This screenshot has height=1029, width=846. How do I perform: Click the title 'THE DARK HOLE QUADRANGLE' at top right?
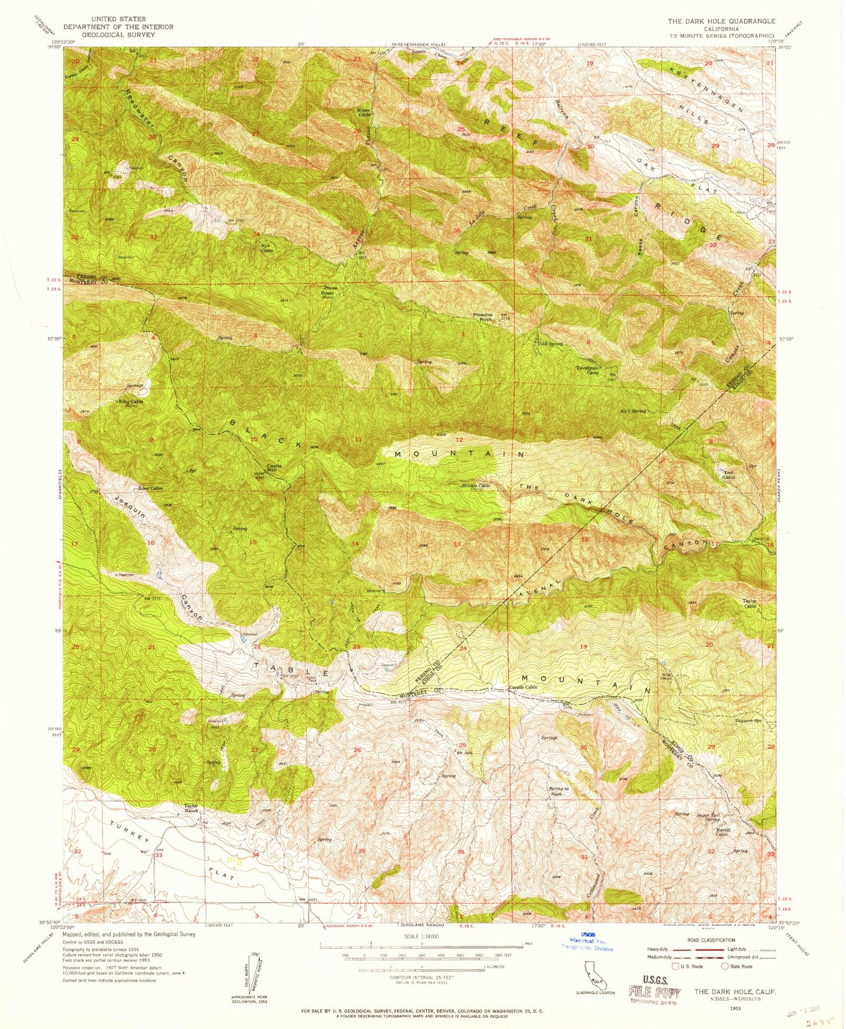point(721,21)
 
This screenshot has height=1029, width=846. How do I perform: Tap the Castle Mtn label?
point(274,468)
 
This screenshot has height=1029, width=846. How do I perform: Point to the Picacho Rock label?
point(483,317)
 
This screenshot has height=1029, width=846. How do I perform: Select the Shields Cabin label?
point(475,485)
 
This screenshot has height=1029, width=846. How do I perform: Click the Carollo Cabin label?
point(522,687)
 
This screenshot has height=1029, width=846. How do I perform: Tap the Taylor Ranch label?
point(192,809)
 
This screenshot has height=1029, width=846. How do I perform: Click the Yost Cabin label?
point(728,474)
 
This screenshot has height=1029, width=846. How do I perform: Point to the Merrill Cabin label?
point(721,832)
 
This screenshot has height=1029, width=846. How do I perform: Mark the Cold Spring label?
point(550,344)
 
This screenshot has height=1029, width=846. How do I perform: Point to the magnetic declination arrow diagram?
point(251,975)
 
